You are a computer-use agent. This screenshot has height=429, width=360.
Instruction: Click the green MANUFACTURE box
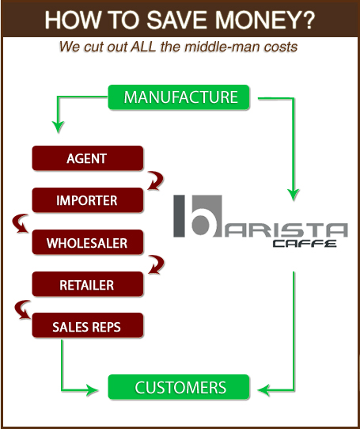click(179, 97)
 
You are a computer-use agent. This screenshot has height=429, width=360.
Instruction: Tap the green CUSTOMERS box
click(179, 387)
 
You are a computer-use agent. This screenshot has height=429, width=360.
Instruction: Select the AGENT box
click(88, 158)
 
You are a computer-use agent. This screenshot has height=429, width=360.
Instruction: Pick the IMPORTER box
click(88, 200)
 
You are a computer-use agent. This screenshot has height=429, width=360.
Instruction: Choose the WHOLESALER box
click(88, 242)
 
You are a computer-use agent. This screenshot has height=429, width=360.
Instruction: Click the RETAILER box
click(88, 284)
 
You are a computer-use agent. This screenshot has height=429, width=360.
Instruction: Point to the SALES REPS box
click(88, 325)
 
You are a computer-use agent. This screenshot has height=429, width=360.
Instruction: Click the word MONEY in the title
click(265, 20)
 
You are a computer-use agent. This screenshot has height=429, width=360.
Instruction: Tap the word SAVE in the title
click(176, 20)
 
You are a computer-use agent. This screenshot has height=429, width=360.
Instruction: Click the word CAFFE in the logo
click(305, 243)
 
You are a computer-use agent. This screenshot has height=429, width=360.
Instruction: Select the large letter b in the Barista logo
click(199, 216)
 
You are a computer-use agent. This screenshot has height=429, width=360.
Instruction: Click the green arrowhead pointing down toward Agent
click(58, 127)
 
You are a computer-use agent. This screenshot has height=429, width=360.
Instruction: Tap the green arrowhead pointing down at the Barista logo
click(294, 195)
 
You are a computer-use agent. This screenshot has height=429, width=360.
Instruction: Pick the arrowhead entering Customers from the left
click(92, 389)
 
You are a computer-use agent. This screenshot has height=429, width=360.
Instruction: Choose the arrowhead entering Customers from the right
click(264, 390)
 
